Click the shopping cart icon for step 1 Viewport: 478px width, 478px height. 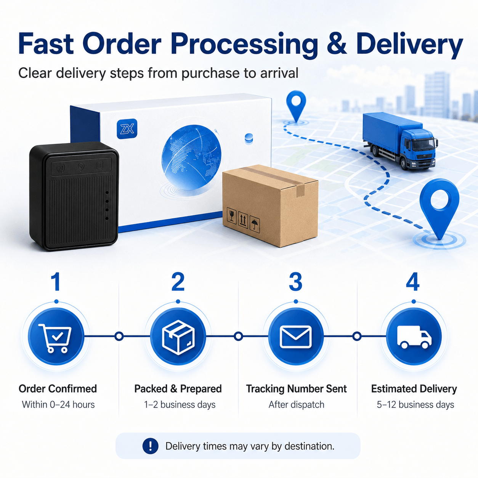tap(55, 338)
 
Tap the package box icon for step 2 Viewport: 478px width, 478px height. tap(178, 337)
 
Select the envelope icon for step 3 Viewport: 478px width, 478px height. tap(295, 337)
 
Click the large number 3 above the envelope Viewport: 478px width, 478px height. tap(295, 282)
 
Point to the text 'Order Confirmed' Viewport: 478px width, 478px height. tap(58, 389)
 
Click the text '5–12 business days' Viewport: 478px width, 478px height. tap(415, 404)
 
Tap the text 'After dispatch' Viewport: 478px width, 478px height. tap(297, 404)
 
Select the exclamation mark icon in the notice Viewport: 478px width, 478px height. tap(150, 446)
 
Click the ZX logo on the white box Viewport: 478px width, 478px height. tap(127, 128)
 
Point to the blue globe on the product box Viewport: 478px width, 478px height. tap(191, 157)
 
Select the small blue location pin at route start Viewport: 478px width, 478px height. tap(296, 106)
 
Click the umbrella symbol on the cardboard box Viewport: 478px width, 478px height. tap(255, 225)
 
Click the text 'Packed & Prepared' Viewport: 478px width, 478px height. tap(178, 389)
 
